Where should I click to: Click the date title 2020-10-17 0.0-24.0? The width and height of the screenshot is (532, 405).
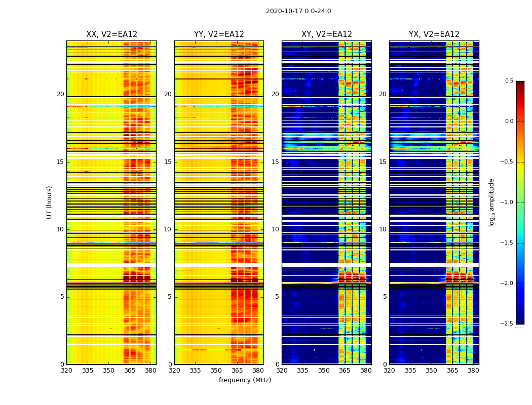[298, 11]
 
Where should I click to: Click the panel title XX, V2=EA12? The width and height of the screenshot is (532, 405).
[111, 34]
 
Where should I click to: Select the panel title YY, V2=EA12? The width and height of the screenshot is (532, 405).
[219, 34]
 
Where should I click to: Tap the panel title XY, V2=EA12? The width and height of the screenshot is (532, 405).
[327, 34]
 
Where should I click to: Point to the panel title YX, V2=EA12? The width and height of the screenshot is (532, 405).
[434, 34]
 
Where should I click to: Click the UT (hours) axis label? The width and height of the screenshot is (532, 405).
[50, 202]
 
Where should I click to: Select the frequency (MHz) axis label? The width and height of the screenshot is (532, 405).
[245, 380]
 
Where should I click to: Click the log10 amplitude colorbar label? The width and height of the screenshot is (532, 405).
[491, 202]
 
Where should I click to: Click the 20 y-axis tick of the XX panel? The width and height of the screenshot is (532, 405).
[60, 94]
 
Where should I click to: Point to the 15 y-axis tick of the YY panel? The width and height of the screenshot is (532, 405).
[168, 162]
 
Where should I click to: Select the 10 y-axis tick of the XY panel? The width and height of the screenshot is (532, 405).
[276, 229]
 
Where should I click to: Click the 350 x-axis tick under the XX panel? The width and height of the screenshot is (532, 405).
[108, 371]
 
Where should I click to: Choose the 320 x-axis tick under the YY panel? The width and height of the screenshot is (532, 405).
[174, 371]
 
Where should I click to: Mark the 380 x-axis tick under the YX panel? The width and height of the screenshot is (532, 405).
[473, 371]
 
